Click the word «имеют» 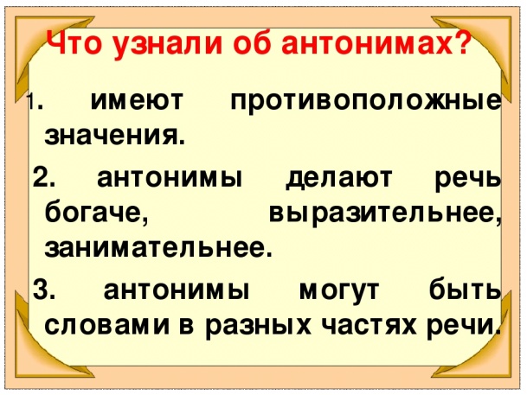[137, 100]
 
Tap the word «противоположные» [365, 100]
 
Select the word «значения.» [114, 136]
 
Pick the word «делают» [339, 178]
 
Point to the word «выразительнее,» [385, 214]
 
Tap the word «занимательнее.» [157, 249]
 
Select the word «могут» [339, 290]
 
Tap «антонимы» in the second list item [170, 178]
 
